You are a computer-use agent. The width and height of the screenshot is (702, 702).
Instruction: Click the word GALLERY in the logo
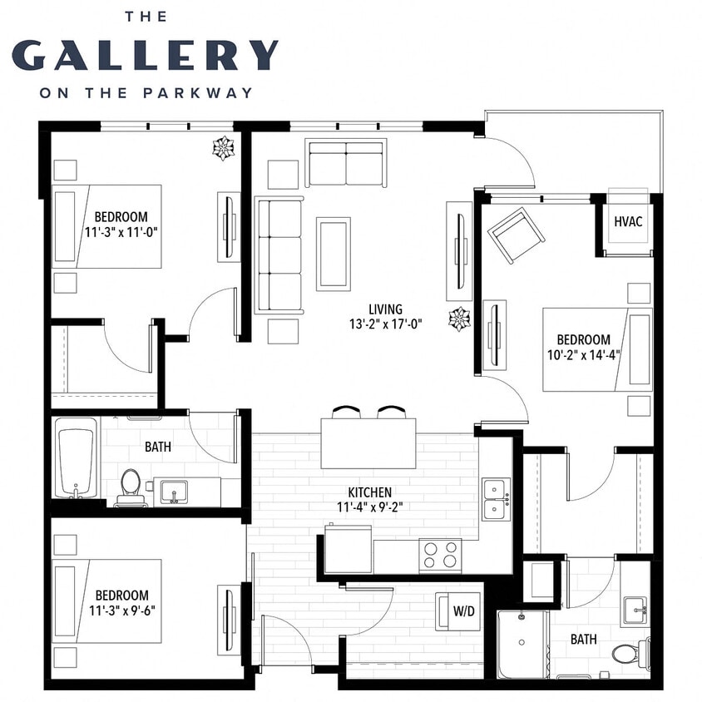point(146,54)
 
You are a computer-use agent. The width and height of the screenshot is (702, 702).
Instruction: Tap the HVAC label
point(627,222)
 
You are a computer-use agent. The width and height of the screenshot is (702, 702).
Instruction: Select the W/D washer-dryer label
point(463,612)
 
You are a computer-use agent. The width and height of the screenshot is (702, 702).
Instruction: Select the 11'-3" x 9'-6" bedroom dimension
point(121,610)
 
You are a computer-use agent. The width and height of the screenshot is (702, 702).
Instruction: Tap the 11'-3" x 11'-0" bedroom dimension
point(121,232)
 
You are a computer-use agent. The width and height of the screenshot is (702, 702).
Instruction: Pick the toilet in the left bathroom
point(131,484)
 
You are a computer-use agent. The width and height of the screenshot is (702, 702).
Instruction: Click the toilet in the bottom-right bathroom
point(630,652)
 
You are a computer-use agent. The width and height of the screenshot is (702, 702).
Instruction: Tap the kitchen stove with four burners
point(440,555)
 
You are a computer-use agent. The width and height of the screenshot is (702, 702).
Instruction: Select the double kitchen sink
point(497,498)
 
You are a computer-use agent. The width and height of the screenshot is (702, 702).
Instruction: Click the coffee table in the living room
point(334,254)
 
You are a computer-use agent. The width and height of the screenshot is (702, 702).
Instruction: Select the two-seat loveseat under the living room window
point(346,164)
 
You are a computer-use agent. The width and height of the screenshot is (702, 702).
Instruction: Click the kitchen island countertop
point(368,443)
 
